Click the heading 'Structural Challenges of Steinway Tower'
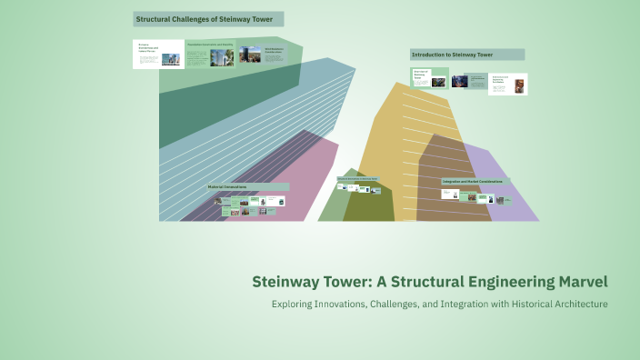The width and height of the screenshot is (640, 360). (208, 19)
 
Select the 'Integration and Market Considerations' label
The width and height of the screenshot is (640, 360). (475, 182)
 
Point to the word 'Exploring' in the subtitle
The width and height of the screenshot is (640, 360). (295, 303)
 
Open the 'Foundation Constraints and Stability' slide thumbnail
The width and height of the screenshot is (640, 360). (210, 54)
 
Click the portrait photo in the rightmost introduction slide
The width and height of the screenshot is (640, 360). (519, 86)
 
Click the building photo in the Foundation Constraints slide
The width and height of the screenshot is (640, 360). (220, 57)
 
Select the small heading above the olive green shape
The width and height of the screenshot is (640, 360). (356, 179)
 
